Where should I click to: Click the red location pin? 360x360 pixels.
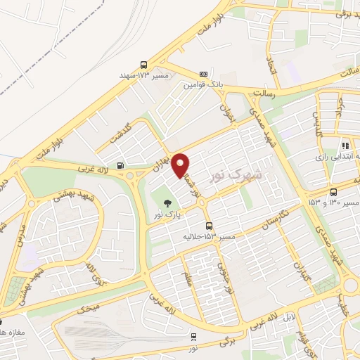181,164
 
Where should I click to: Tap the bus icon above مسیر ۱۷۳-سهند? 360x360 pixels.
144,63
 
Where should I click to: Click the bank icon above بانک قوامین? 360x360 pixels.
203,74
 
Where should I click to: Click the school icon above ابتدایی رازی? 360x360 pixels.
345,145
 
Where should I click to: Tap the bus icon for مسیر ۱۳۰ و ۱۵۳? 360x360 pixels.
333,191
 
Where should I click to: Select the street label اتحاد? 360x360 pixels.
274,68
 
